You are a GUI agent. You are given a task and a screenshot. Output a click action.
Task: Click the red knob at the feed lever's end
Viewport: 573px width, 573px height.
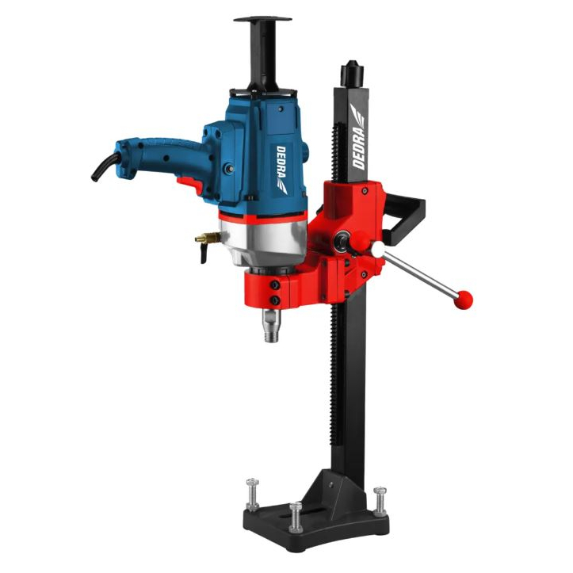point(464,299)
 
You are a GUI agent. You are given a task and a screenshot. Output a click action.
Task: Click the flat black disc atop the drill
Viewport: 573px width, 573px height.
point(262,18)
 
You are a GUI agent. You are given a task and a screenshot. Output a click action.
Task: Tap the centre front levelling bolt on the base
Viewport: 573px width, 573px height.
point(295,516)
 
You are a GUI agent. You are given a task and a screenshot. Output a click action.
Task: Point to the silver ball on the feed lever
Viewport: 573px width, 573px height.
point(378,250)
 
